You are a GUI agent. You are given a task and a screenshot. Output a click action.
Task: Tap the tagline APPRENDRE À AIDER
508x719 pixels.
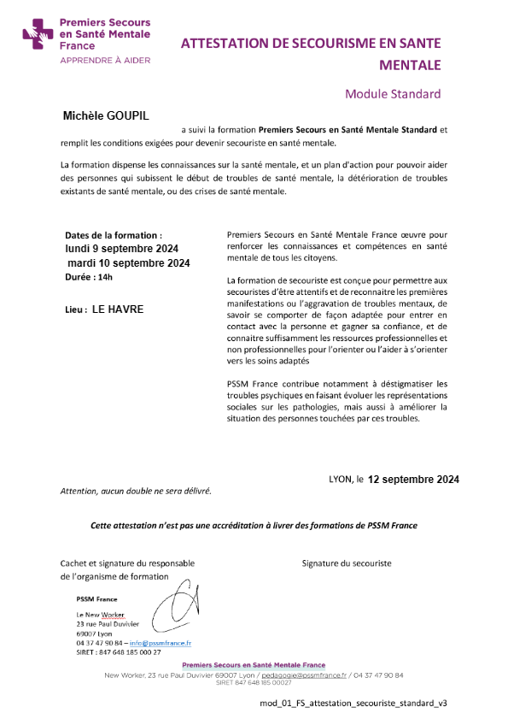point(104,61)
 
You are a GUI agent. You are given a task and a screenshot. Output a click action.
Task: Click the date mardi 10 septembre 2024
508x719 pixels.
point(128,262)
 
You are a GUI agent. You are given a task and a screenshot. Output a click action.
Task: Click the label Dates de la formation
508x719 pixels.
point(113,235)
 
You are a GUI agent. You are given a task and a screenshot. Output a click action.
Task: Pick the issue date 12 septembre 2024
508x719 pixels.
point(413,480)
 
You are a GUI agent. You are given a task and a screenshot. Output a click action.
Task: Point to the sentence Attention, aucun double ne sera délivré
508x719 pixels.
point(135,492)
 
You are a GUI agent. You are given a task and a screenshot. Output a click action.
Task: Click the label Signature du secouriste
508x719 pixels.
point(346,563)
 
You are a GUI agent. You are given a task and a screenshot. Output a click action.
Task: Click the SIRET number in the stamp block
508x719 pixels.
point(118,651)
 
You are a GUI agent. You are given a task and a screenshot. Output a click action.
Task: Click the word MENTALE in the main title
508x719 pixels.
point(411,65)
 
